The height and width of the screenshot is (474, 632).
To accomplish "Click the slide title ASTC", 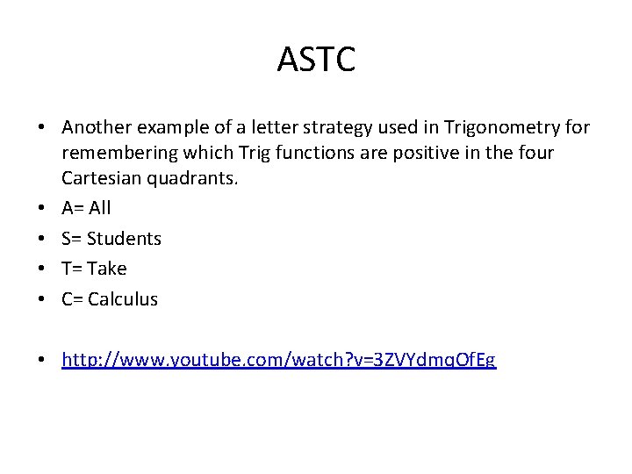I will click(x=316, y=60).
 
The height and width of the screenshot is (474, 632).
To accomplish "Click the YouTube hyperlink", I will click(x=278, y=360).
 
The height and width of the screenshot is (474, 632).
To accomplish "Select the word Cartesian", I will click(x=98, y=178).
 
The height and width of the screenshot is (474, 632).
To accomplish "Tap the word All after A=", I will click(x=100, y=208).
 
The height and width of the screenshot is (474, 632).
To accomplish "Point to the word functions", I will click(x=309, y=154).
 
